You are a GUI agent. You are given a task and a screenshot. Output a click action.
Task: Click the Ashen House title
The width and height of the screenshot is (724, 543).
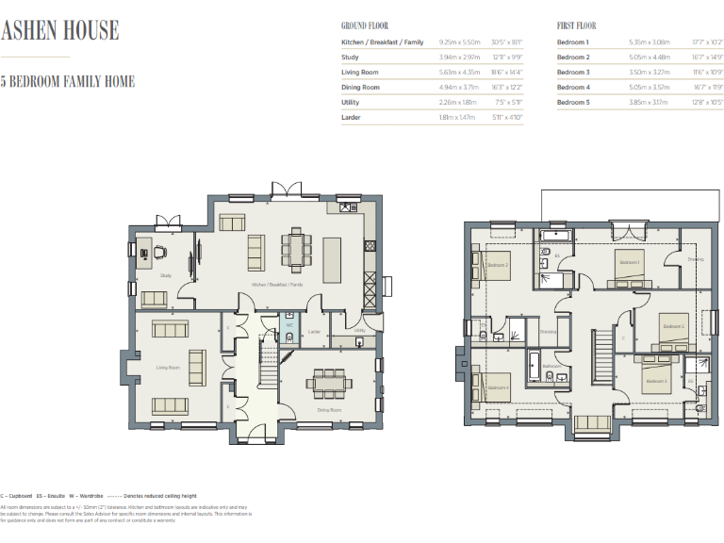[x=60, y=30]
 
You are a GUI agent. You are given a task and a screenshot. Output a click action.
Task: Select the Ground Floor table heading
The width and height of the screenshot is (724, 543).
[x=364, y=26]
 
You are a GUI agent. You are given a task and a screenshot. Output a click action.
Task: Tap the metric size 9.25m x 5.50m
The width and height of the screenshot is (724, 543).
[x=459, y=42]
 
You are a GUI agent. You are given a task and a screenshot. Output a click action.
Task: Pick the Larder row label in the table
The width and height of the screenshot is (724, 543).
[x=351, y=117]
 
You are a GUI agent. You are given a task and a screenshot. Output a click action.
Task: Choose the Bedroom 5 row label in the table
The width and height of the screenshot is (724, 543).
[x=573, y=102]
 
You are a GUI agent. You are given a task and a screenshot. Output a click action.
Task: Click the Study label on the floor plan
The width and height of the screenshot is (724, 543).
[x=165, y=275]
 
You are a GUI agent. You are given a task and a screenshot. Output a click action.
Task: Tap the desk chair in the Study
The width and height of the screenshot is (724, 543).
[x=159, y=252]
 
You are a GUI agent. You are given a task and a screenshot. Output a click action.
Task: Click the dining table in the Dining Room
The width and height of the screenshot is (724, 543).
[x=330, y=384]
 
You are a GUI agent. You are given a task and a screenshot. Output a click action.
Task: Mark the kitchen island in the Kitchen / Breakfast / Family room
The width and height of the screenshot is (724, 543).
[x=333, y=254]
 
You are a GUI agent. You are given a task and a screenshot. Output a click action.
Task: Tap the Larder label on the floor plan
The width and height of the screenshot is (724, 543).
[x=316, y=332]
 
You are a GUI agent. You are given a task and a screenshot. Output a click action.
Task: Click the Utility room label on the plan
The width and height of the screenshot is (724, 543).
[x=359, y=331]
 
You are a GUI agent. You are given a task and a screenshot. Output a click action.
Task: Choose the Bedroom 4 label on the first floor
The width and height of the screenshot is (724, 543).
[x=498, y=387]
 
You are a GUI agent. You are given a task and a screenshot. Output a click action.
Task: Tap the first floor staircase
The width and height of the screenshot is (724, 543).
[x=601, y=354]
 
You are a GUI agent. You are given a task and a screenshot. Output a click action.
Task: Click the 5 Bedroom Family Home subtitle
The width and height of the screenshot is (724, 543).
[x=68, y=82]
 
